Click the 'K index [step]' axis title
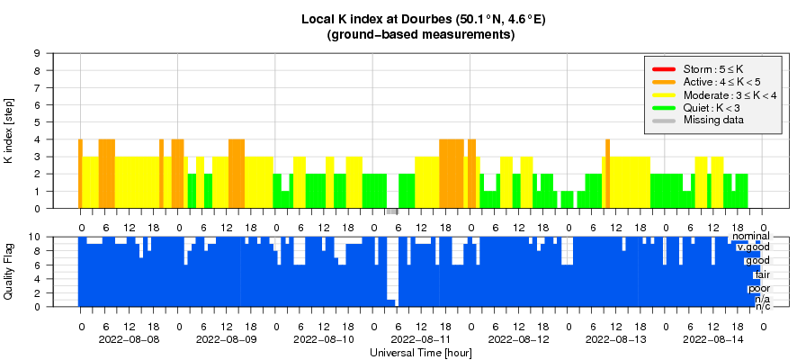click(12, 130)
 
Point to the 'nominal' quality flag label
click(749, 236)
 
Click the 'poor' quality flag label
click(758, 288)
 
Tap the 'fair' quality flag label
click(760, 274)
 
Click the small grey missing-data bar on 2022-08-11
click(392, 211)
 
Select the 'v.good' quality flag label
click(752, 247)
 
